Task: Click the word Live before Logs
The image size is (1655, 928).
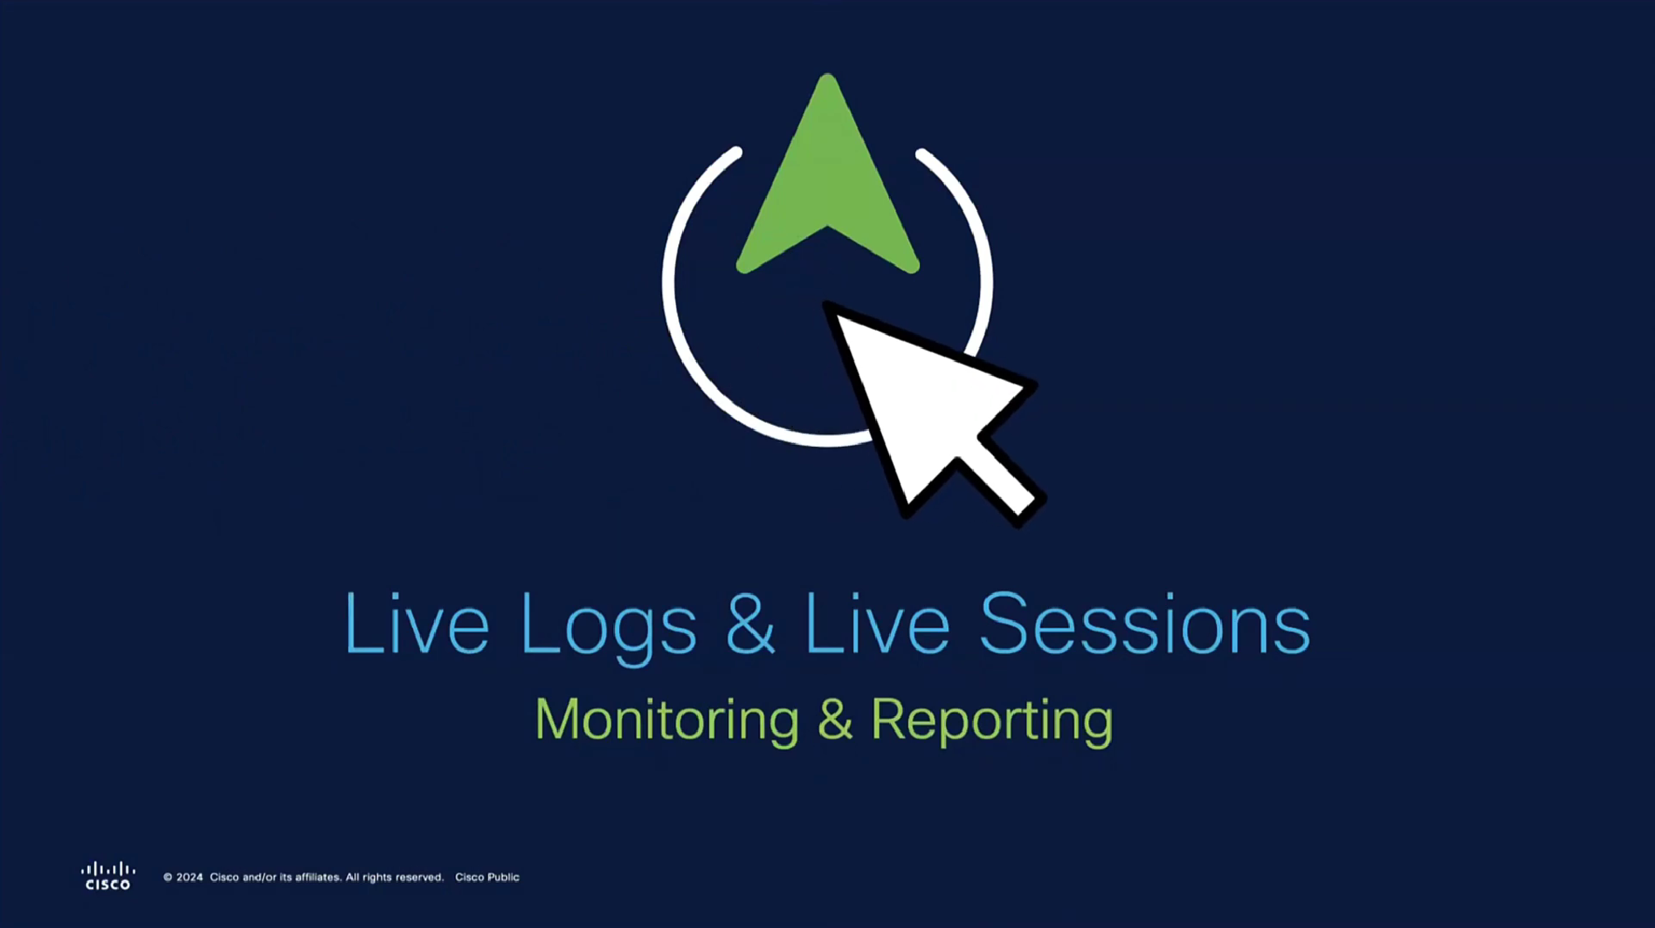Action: click(417, 622)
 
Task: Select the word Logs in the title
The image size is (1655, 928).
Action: click(608, 628)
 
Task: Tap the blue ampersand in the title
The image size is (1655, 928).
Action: click(750, 622)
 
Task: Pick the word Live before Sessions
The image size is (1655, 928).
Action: click(877, 622)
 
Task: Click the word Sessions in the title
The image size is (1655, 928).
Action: click(1145, 622)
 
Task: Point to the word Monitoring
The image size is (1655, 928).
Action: click(667, 721)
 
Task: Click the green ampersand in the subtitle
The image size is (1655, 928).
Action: click(836, 719)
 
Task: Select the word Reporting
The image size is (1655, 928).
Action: click(992, 721)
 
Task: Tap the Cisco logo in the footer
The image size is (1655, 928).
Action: click(108, 876)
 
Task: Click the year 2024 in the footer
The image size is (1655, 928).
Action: click(189, 877)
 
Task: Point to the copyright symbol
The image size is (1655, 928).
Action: click(168, 877)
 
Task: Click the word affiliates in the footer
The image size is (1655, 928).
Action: click(316, 877)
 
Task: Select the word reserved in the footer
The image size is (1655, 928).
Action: click(419, 877)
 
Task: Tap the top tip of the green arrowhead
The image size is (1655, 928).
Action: click(827, 75)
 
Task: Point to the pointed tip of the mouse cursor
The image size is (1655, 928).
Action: click(825, 304)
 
